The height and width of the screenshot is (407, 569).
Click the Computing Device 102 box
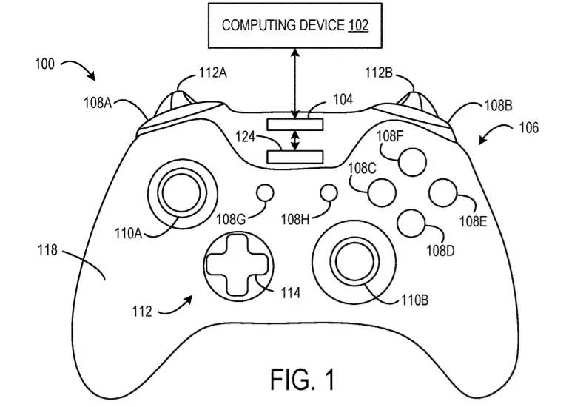point(295,24)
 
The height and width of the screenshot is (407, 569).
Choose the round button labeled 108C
point(382,192)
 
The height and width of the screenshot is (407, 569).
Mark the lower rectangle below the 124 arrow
point(296,156)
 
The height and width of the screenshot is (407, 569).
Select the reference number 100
point(44,64)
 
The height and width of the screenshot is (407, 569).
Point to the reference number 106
point(528,127)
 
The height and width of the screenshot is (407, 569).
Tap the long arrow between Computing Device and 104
point(295,81)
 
